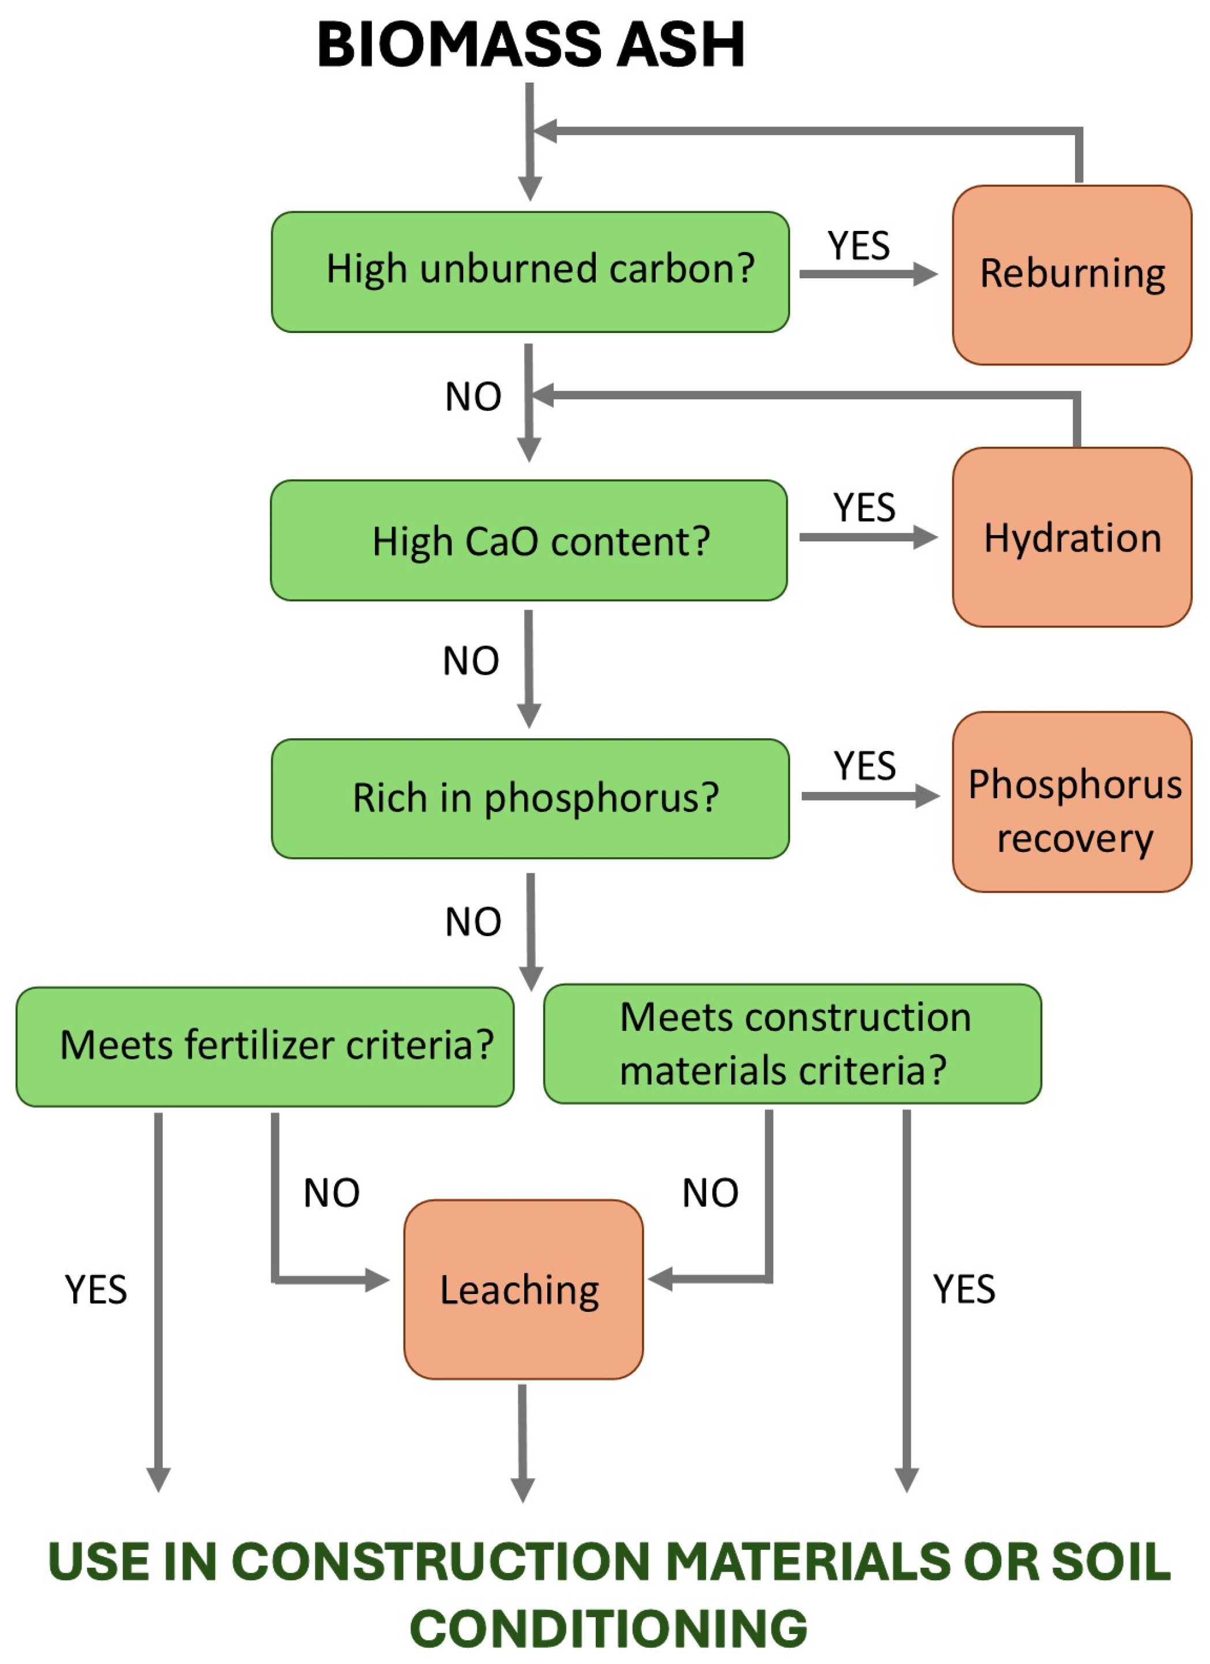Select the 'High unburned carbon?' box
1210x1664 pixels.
(x=530, y=271)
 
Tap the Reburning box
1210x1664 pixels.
(x=1072, y=274)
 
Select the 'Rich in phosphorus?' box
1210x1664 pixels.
(x=530, y=798)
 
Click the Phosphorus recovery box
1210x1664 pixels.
(x=1072, y=802)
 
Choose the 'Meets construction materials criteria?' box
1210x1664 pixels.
(x=792, y=1044)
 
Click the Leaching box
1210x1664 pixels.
(x=523, y=1290)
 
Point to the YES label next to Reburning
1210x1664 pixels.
(x=858, y=246)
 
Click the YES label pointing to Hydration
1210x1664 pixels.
(x=864, y=508)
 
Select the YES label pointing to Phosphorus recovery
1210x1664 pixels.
(x=864, y=766)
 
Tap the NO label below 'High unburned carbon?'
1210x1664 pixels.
(x=473, y=397)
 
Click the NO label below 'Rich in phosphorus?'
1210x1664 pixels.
(x=473, y=922)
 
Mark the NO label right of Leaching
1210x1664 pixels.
(x=710, y=1193)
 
